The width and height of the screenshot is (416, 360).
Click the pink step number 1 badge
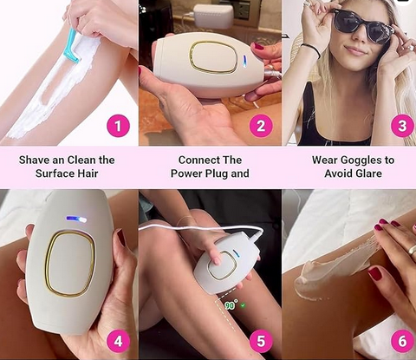coord(118,127)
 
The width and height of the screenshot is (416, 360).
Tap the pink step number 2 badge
coord(261,127)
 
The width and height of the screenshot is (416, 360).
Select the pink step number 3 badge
coord(402,126)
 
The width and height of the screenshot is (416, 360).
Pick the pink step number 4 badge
coord(118,342)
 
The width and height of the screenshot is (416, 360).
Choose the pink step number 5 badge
coord(261,342)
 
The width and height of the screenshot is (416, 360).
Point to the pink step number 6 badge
coord(402,342)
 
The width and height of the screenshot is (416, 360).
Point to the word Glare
coord(367,173)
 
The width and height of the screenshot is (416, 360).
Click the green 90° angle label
coord(231,305)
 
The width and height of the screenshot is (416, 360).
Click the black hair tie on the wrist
coord(312,49)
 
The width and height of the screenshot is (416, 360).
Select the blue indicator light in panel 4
coord(76,219)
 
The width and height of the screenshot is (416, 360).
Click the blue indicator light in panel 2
coord(244,62)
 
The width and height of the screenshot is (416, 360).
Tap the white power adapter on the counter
coord(213,15)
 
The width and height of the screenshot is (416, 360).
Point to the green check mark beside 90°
coord(244,305)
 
